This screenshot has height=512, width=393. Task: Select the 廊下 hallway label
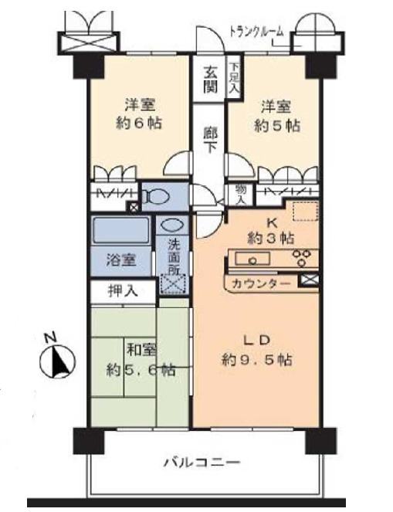click(210, 140)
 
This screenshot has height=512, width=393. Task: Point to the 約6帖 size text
click(139, 124)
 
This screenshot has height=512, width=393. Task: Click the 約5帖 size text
click(277, 126)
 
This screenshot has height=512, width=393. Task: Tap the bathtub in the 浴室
click(121, 230)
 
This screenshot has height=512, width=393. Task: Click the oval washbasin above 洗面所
click(171, 225)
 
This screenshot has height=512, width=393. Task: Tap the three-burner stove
click(300, 258)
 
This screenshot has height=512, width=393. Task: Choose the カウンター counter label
click(261, 283)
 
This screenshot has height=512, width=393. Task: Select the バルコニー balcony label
click(202, 463)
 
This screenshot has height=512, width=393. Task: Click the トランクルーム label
click(256, 32)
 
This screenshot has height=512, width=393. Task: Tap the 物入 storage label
click(240, 195)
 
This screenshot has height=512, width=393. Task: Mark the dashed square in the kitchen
click(304, 212)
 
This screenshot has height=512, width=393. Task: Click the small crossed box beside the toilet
click(134, 207)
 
